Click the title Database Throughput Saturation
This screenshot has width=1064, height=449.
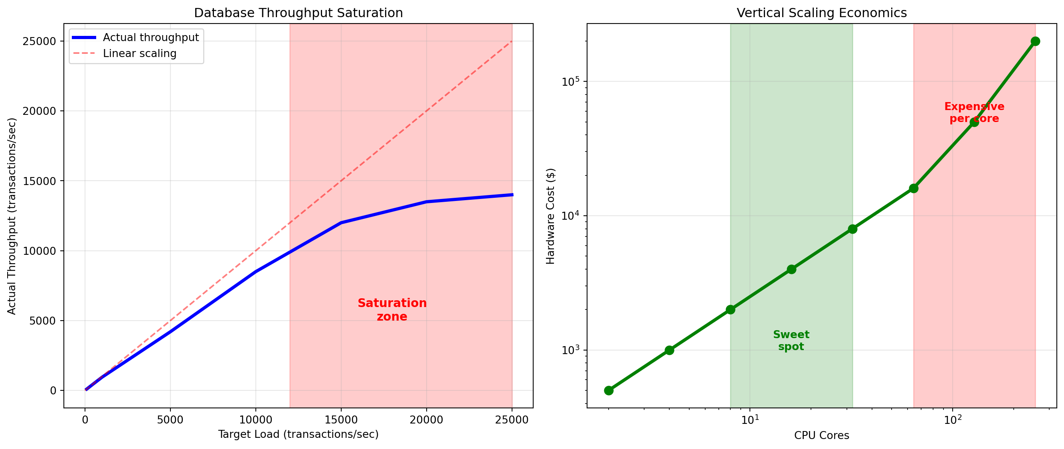click(x=298, y=13)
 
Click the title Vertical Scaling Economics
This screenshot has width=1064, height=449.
click(x=821, y=13)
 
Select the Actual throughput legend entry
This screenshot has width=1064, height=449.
click(x=150, y=37)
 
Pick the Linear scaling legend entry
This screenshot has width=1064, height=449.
click(x=140, y=54)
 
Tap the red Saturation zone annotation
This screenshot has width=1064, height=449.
click(x=392, y=309)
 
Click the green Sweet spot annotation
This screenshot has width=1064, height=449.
click(x=791, y=341)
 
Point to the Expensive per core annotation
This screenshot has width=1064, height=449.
click(x=974, y=112)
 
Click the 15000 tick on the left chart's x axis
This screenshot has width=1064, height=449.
click(x=341, y=420)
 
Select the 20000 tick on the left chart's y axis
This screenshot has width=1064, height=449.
click(x=39, y=111)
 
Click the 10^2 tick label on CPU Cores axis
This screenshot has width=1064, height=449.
click(x=953, y=420)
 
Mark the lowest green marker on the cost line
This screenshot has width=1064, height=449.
click(x=608, y=390)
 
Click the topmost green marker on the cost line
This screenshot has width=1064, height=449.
click(x=1035, y=41)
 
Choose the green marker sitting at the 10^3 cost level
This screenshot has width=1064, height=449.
click(x=669, y=350)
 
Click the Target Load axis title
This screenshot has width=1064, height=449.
click(x=298, y=434)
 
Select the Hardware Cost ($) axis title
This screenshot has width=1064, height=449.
click(x=550, y=216)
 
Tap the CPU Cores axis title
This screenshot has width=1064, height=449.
click(x=821, y=435)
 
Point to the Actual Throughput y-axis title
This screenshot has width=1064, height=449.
click(x=12, y=216)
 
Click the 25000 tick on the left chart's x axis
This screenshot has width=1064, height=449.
click(x=512, y=420)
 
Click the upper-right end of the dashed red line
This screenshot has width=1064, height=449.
click(x=512, y=41)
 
